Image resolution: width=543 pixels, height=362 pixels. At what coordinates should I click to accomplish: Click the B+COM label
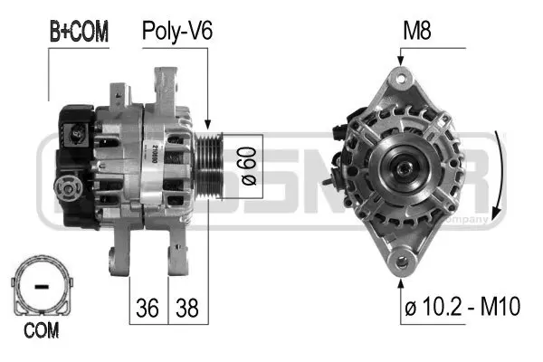78,33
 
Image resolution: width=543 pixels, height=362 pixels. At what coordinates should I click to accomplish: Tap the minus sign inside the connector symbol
40,287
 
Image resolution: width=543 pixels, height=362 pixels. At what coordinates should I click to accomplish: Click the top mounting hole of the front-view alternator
399,79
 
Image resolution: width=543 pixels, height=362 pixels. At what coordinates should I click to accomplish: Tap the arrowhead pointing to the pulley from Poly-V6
207,127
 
